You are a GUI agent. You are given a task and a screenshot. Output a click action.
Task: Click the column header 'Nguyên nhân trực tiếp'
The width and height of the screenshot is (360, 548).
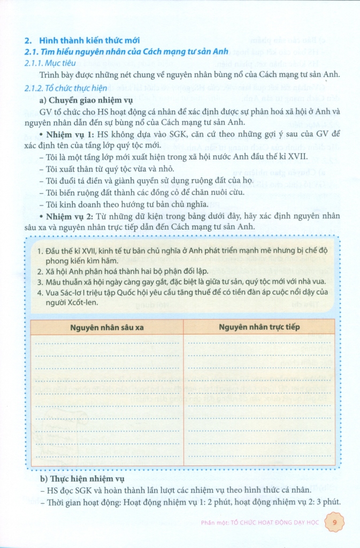(x=259, y=326)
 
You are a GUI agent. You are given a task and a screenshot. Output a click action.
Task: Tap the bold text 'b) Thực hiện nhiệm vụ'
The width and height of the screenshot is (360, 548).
(x=82, y=479)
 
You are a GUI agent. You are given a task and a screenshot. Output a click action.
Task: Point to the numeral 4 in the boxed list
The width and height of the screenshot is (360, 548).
(x=41, y=292)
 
